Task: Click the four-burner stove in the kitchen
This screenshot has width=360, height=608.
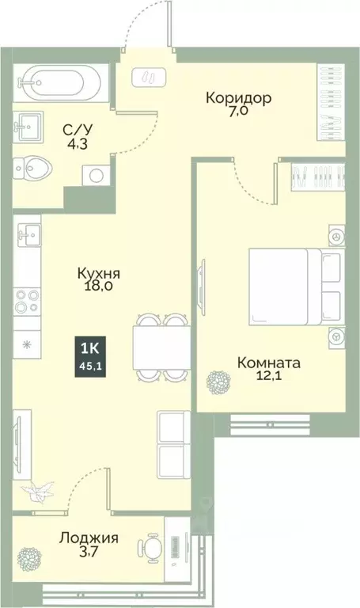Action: click(x=27, y=302)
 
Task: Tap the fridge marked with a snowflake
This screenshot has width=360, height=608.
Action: click(x=27, y=344)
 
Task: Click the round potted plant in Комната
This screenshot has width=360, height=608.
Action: click(x=218, y=383)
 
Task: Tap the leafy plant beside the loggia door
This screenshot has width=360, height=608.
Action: click(x=35, y=492)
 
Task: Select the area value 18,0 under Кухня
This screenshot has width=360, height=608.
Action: click(x=99, y=287)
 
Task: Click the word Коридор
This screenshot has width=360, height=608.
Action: click(x=238, y=98)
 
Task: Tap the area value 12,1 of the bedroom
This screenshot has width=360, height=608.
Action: click(x=269, y=378)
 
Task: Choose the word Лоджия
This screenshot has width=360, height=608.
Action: click(x=89, y=538)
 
